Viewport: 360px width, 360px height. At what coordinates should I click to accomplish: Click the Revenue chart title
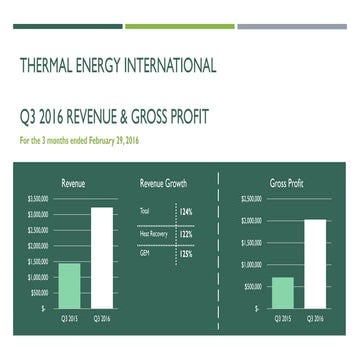pos(73,184)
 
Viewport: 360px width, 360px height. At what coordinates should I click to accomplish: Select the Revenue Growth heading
pos(163,184)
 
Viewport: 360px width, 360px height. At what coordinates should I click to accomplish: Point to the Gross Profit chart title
pos(287,184)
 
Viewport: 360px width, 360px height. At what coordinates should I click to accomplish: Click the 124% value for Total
pos(185,212)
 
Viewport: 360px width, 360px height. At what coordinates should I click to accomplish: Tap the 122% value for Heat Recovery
pos(185,233)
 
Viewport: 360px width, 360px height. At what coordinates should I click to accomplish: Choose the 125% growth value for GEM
pos(185,254)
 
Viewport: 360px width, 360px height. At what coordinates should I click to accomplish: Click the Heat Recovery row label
pos(151,233)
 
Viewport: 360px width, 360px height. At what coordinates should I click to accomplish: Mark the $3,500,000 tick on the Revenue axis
pos(38,199)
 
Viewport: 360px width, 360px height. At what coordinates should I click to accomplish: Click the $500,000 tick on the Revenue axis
pos(39,293)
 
